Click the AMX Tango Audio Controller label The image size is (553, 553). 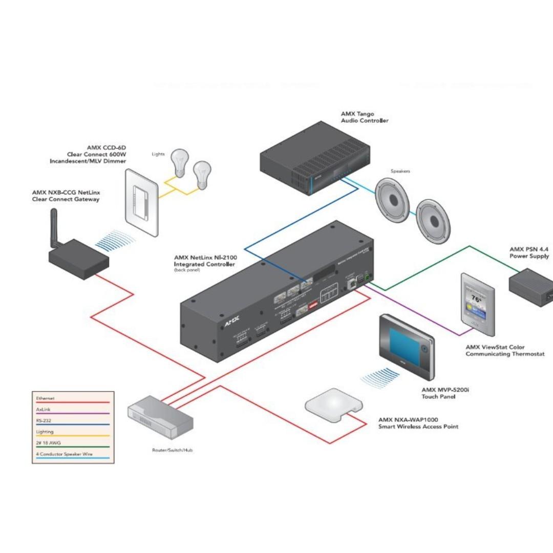(x=365, y=117)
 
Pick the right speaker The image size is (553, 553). (x=433, y=221)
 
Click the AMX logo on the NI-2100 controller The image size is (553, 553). (x=231, y=323)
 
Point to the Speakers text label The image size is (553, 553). (x=400, y=172)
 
